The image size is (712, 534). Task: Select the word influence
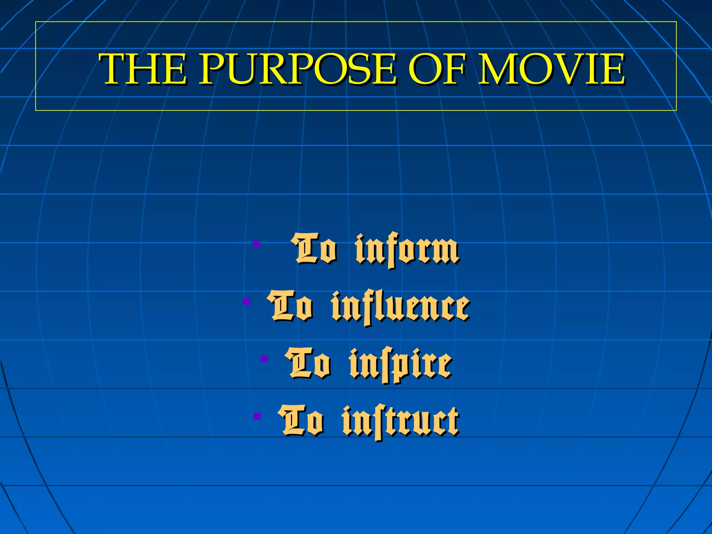click(400, 308)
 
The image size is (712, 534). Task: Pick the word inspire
click(400, 365)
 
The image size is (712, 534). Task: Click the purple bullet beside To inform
click(257, 244)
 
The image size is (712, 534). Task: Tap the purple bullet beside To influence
click(246, 301)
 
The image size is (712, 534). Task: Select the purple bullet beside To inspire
click(264, 358)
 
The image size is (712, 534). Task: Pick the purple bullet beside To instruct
click(257, 416)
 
